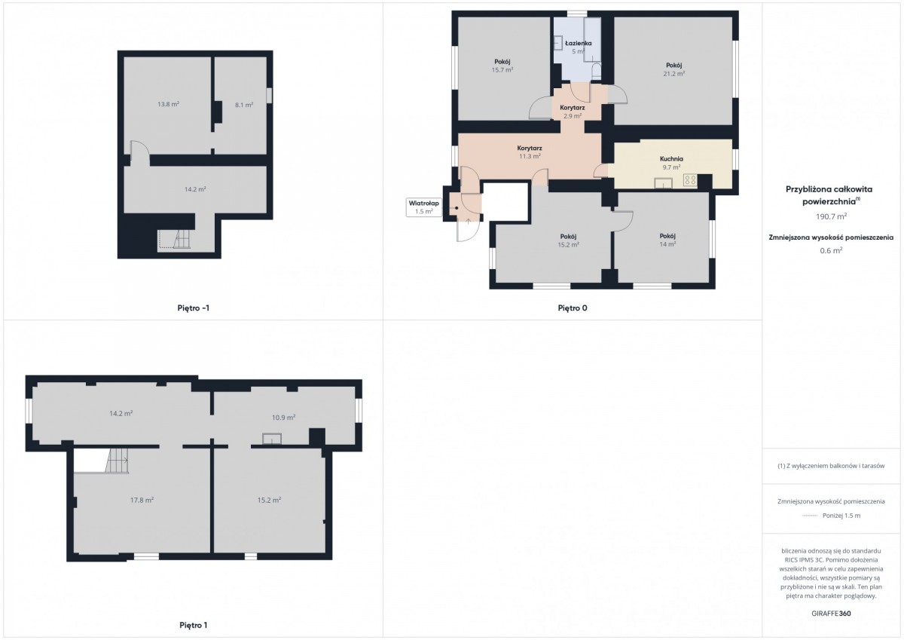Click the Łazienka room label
pyautogui.click(x=579, y=43)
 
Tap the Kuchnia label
pyautogui.click(x=671, y=159)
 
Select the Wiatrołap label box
pyautogui.click(x=423, y=207)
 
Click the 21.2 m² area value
pyautogui.click(x=674, y=73)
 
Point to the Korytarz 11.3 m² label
pyautogui.click(x=530, y=152)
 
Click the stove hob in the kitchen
pyautogui.click(x=690, y=179)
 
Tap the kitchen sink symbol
pyautogui.click(x=664, y=183)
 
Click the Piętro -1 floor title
pyautogui.click(x=194, y=308)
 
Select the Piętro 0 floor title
pyautogui.click(x=573, y=308)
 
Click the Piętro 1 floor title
pyautogui.click(x=194, y=625)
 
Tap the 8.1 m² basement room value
pyautogui.click(x=244, y=105)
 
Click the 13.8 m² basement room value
pyautogui.click(x=168, y=104)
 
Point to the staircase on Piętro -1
pyautogui.click(x=174, y=240)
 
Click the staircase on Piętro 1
pyautogui.click(x=118, y=461)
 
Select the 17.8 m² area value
pyautogui.click(x=142, y=500)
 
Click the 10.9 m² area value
pyautogui.click(x=283, y=417)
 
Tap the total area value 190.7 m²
pyautogui.click(x=832, y=216)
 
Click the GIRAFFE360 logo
pyautogui.click(x=831, y=614)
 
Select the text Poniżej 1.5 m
pyautogui.click(x=841, y=516)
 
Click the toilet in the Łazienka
pyautogui.click(x=596, y=71)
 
